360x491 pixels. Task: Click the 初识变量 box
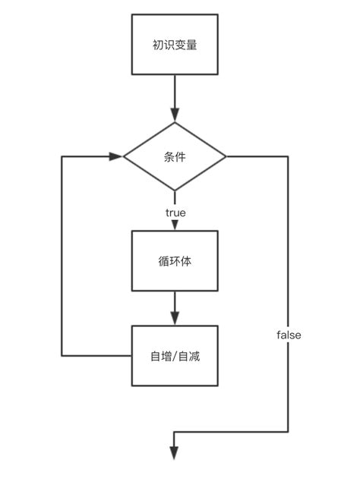click(175, 44)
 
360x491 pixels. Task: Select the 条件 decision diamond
click(175, 156)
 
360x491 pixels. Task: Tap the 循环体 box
click(175, 261)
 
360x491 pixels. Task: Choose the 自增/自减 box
click(175, 355)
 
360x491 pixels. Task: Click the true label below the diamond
click(175, 212)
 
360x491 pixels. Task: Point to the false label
click(289, 334)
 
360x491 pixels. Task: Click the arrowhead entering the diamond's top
click(175, 115)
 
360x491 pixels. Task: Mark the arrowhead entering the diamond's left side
click(116, 156)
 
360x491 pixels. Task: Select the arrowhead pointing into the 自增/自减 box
click(175, 319)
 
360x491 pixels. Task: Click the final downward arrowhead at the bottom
click(175, 453)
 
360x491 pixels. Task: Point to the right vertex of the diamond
click(226, 156)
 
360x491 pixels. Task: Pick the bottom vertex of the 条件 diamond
click(175, 190)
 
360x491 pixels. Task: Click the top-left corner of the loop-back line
click(62, 156)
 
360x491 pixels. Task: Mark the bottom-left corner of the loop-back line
click(62, 355)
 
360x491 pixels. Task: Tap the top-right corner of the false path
click(289, 156)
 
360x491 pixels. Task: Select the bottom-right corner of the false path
click(289, 432)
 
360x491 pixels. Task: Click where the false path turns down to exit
click(175, 432)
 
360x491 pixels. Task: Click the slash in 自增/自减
click(175, 356)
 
